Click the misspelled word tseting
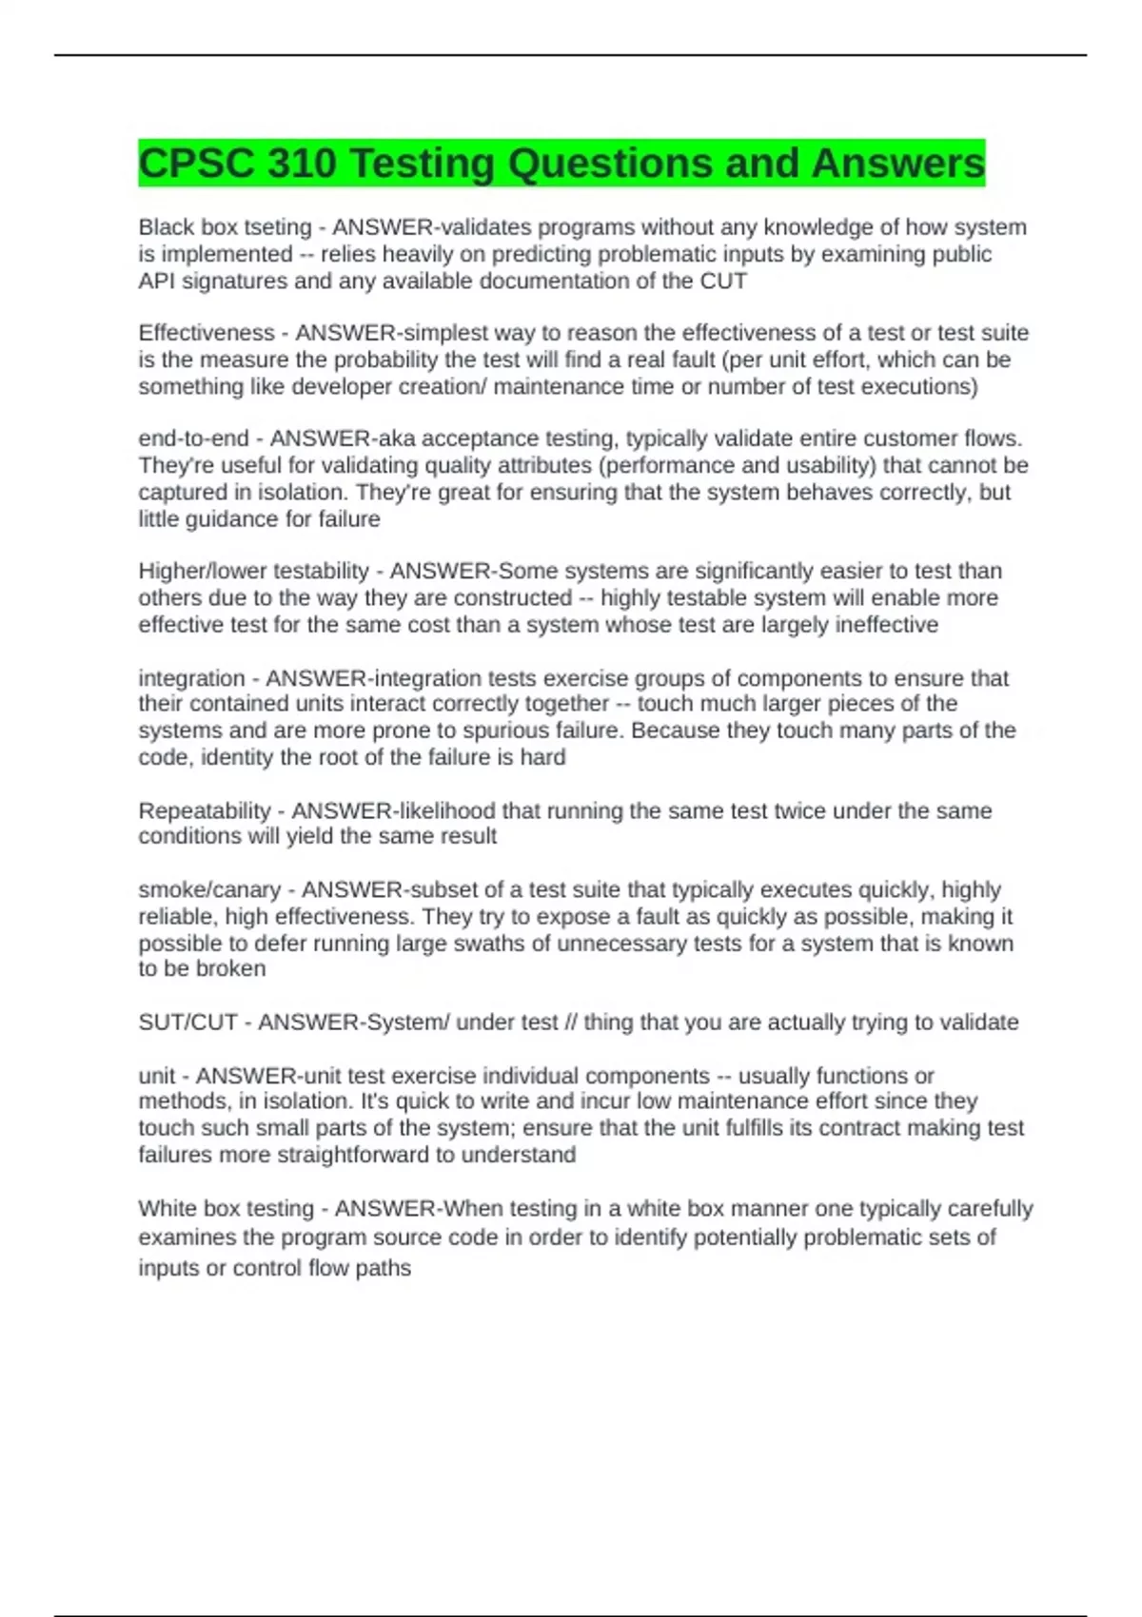[278, 227]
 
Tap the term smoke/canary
[209, 889]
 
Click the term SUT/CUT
[187, 1022]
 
